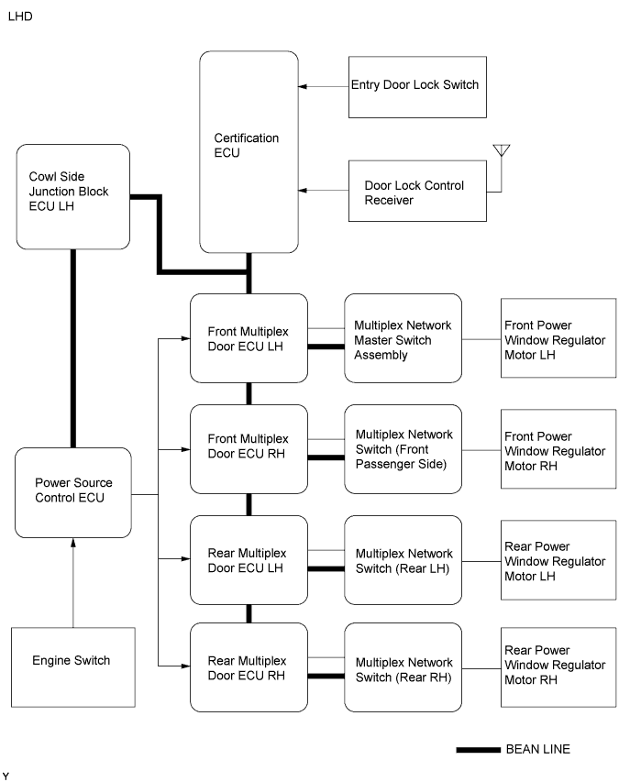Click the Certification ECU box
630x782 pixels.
(x=249, y=151)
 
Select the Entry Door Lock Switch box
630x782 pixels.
(x=417, y=85)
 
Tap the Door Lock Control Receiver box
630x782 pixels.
(x=417, y=192)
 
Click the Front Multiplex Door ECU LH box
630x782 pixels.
(x=249, y=338)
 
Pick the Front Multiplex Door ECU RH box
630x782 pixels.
(x=249, y=448)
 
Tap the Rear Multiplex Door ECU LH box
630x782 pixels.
(x=249, y=560)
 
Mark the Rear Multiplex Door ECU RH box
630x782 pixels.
(x=249, y=668)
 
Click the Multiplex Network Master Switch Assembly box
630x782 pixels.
(x=403, y=338)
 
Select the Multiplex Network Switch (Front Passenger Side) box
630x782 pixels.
(x=403, y=448)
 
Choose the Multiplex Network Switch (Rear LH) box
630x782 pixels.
(x=403, y=560)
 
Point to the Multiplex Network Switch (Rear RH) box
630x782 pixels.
(x=403, y=668)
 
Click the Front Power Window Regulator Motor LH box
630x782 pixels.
(x=558, y=338)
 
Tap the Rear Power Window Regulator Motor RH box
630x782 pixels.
(x=558, y=666)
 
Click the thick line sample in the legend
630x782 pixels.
(x=477, y=750)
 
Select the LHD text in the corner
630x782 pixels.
(x=18, y=17)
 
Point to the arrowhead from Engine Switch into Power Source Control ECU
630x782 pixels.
(x=73, y=544)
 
